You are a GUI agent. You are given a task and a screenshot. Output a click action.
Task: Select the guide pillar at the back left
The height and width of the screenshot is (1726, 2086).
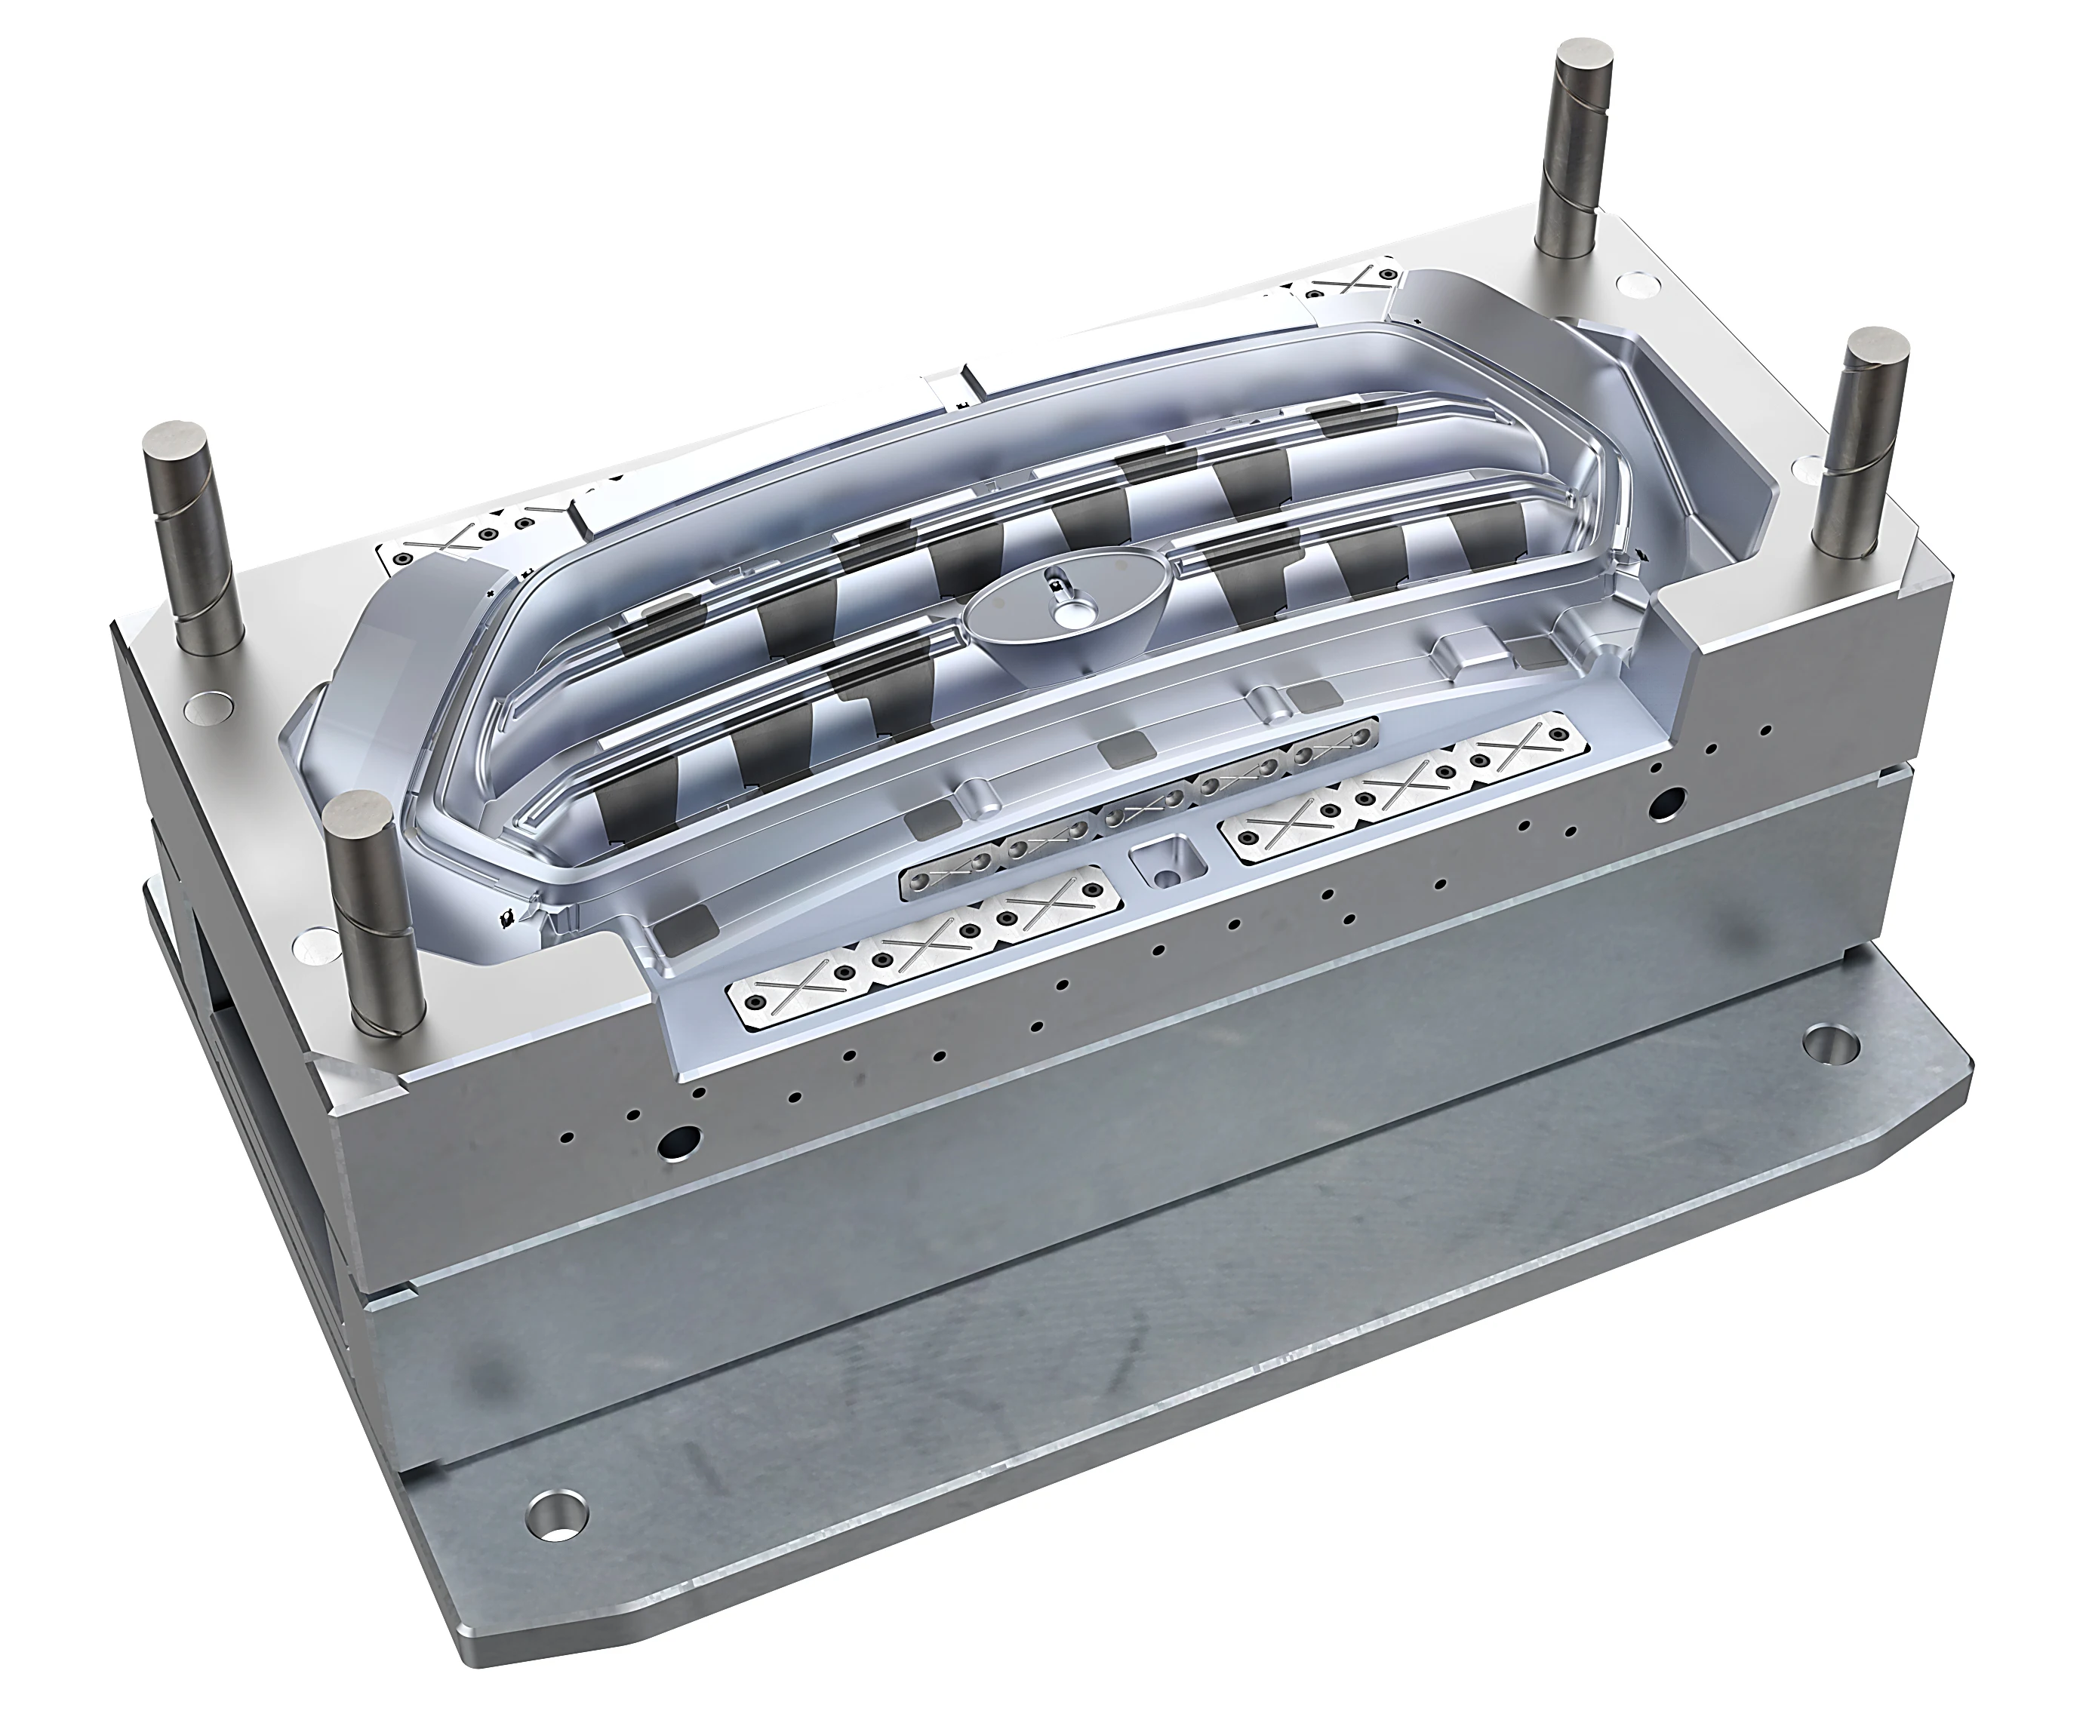coord(194,536)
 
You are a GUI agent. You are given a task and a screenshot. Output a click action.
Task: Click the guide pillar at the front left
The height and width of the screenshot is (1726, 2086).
coord(376,914)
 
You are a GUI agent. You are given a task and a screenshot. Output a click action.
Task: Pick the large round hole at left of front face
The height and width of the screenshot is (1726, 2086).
coord(681,1139)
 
